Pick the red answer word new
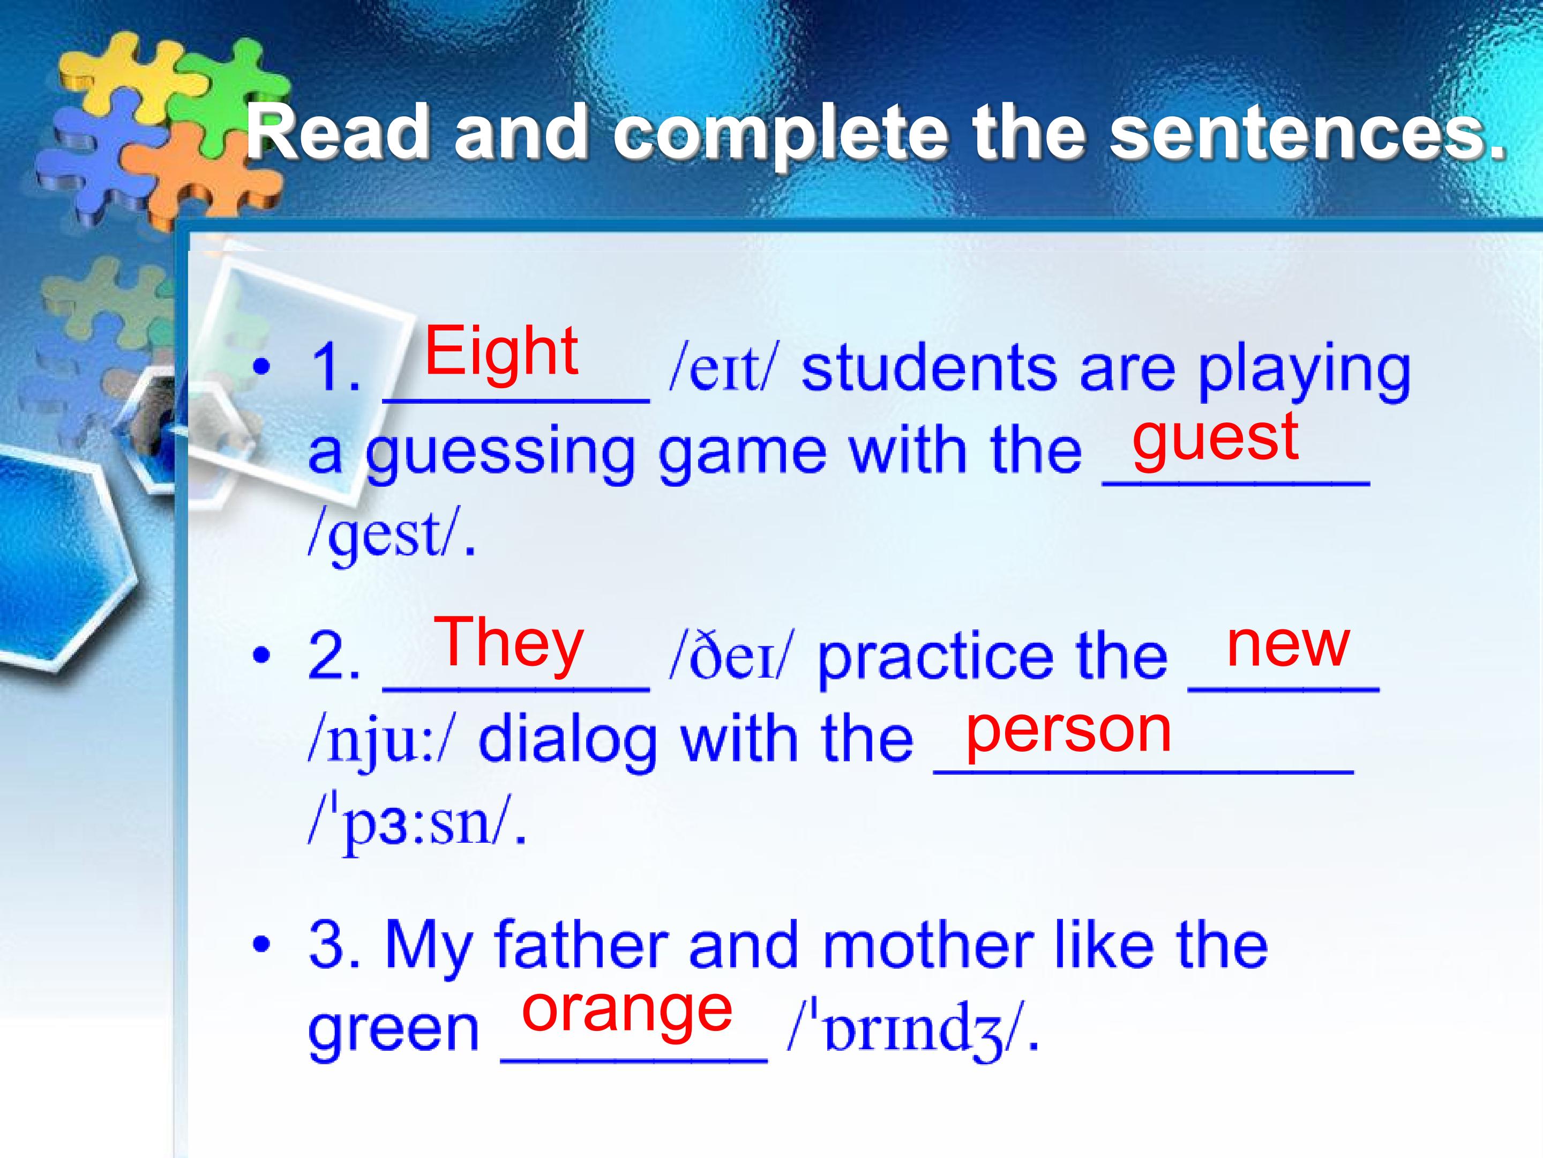point(1287,645)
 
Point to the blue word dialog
point(568,742)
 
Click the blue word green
point(393,1031)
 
